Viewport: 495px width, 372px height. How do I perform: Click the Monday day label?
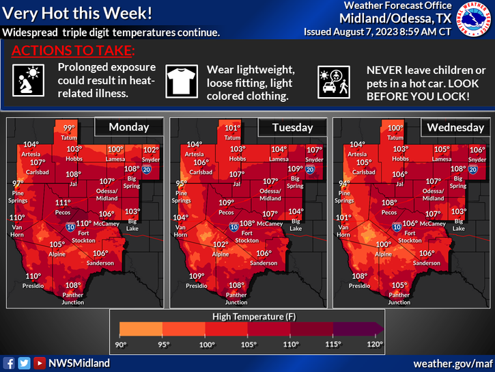[130, 128]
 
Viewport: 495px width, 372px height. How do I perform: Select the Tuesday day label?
[292, 128]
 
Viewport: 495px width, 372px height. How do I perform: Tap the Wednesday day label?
[455, 128]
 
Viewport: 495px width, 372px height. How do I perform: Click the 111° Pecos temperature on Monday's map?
[63, 202]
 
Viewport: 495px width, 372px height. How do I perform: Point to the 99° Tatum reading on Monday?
[70, 128]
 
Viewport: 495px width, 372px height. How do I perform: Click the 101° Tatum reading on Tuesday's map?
[233, 128]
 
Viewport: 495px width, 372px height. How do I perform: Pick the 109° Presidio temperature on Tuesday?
[196, 276]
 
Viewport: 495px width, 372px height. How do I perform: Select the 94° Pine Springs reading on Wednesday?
[344, 183]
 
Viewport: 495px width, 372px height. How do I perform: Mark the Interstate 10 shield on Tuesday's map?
[234, 226]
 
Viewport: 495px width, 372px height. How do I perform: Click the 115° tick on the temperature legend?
[333, 344]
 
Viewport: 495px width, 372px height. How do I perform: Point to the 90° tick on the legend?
[122, 344]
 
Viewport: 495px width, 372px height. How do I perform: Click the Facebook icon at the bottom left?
[9, 363]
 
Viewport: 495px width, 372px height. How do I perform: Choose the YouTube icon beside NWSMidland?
[40, 363]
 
